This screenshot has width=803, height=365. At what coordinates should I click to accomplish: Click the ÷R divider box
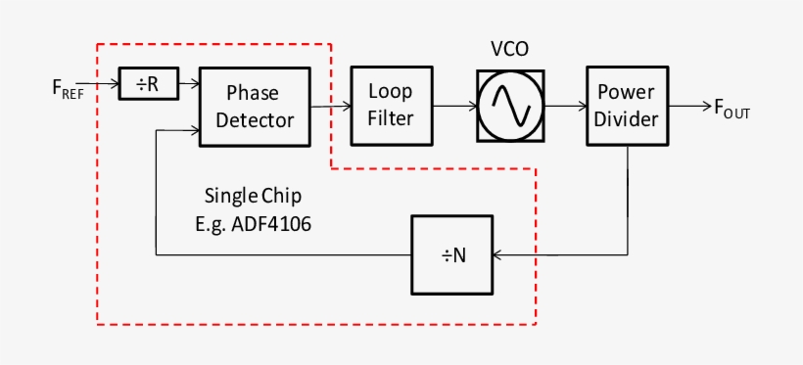pyautogui.click(x=147, y=85)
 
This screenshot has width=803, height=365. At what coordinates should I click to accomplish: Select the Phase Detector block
pyautogui.click(x=255, y=107)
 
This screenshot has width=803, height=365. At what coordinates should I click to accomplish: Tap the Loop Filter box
pyautogui.click(x=391, y=104)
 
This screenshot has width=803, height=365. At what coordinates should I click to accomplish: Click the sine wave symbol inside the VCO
pyautogui.click(x=509, y=105)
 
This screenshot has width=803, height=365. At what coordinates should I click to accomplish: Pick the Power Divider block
pyautogui.click(x=628, y=107)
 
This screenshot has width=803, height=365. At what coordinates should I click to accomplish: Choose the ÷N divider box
pyautogui.click(x=452, y=255)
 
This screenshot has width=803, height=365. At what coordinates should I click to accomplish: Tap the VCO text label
pyautogui.click(x=509, y=50)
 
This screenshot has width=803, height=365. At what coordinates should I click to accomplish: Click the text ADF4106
pyautogui.click(x=277, y=223)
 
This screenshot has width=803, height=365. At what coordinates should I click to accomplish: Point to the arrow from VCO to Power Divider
pyautogui.click(x=563, y=105)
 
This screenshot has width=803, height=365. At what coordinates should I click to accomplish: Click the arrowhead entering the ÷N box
pyautogui.click(x=499, y=255)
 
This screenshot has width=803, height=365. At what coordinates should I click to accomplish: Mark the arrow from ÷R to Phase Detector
pyautogui.click(x=188, y=85)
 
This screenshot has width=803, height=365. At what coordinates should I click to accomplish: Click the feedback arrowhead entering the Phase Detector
pyautogui.click(x=193, y=129)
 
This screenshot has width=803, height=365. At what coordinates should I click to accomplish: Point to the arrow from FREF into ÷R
pyautogui.click(x=106, y=84)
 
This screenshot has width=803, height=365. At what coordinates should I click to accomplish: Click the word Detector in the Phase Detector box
pyautogui.click(x=255, y=120)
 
